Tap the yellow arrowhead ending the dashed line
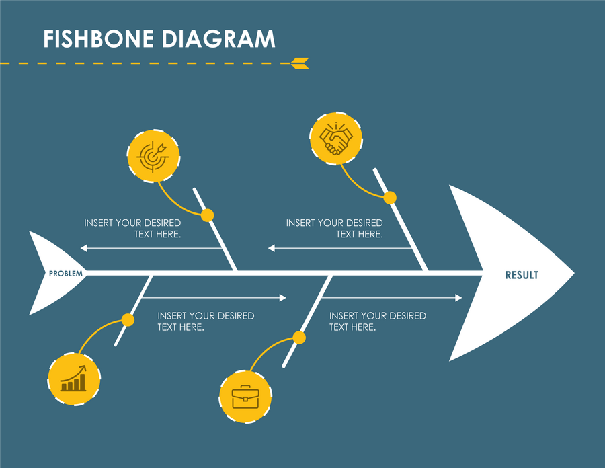(x=300, y=63)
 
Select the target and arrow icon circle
(x=153, y=155)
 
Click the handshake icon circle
(x=336, y=139)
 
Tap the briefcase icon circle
(x=245, y=396)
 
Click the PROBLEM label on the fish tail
(x=66, y=274)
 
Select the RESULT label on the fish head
(x=522, y=275)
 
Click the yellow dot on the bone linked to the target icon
(x=208, y=215)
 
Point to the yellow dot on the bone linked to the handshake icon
(x=390, y=198)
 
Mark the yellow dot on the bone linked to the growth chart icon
(x=128, y=320)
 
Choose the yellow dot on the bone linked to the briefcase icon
(x=300, y=338)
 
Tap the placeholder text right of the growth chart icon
(x=206, y=321)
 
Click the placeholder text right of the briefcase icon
(x=377, y=321)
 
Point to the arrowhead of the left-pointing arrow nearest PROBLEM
(x=84, y=248)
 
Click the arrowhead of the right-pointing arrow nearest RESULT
(x=458, y=298)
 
